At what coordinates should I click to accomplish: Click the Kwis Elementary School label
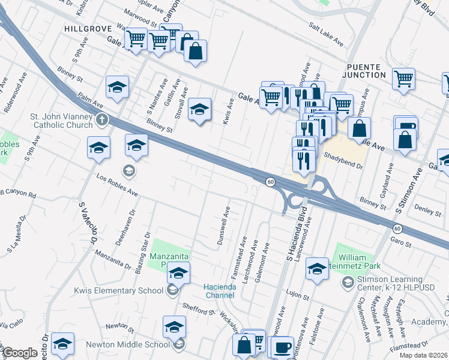(118, 291)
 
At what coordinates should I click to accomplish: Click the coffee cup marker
(282, 347)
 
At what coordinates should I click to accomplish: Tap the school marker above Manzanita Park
(178, 273)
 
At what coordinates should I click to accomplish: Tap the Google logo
(20, 353)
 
